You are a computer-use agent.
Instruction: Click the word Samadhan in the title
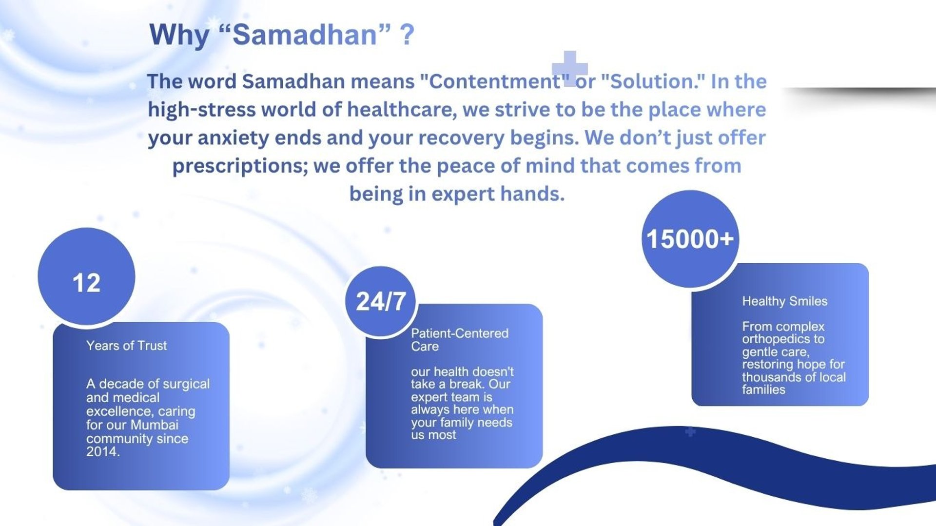pos(305,35)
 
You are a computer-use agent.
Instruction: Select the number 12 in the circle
pos(86,283)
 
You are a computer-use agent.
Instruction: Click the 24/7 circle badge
pos(381,301)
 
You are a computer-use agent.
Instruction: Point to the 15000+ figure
pos(690,239)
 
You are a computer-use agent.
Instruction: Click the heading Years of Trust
pos(127,346)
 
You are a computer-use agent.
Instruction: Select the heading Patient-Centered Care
pos(460,340)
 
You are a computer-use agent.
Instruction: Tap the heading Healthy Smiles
pos(785,301)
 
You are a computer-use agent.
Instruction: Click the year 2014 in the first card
pos(101,452)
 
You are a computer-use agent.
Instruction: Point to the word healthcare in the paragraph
pos(402,110)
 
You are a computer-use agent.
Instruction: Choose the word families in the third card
pos(763,390)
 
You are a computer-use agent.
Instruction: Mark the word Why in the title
pos(179,36)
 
